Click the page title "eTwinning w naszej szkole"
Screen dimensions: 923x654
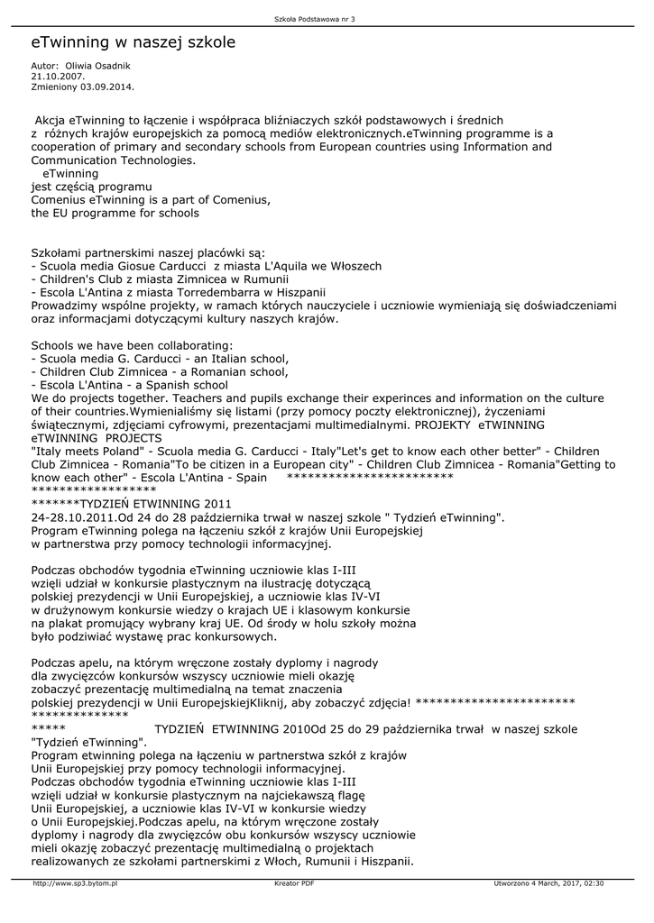click(x=134, y=42)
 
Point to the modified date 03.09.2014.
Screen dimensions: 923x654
click(x=107, y=87)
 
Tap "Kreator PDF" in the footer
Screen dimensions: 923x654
click(x=294, y=883)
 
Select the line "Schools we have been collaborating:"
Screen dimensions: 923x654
click(x=132, y=345)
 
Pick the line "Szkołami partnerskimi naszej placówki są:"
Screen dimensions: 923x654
click(x=148, y=252)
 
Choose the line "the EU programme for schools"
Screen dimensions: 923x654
click(x=115, y=214)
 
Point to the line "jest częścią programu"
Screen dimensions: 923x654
click(x=91, y=187)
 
